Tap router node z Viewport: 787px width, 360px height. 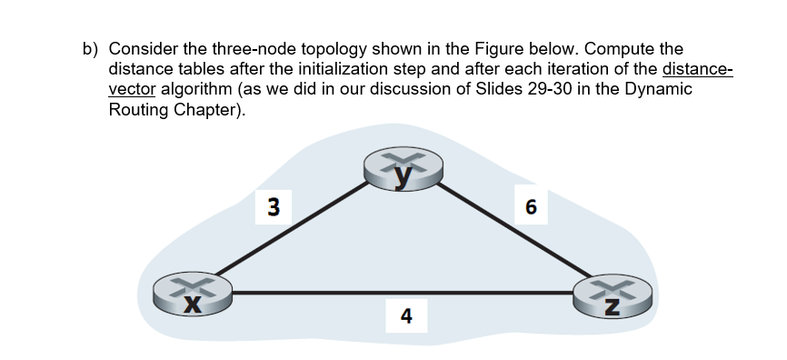point(613,295)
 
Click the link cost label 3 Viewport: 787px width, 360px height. point(272,205)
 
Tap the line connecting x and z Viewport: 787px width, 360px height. point(400,293)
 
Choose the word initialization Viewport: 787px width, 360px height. point(335,69)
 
